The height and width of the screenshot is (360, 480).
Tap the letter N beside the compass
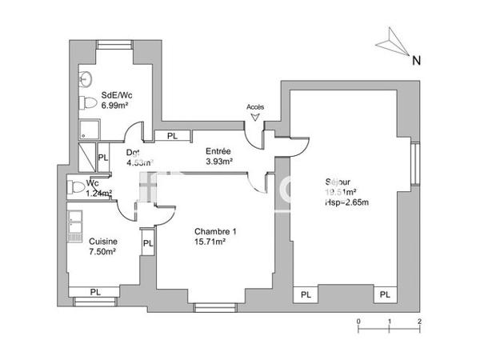click(415, 59)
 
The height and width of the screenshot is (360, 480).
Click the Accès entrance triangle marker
click(255, 117)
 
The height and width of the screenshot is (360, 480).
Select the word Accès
click(255, 106)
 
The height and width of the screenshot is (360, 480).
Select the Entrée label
click(218, 151)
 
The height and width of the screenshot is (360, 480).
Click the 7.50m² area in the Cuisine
click(103, 251)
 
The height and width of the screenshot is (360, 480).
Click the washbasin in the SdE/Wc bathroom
click(84, 79)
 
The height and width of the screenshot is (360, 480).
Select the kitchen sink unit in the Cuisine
click(75, 226)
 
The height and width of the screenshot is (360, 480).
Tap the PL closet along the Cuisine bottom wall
click(96, 291)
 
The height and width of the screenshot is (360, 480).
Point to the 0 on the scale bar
click(358, 319)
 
